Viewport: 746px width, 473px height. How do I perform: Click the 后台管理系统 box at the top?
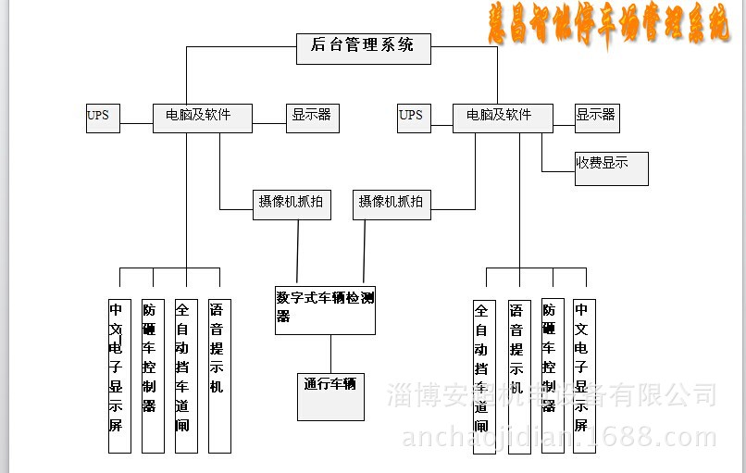click(x=364, y=48)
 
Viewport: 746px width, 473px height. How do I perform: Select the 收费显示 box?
click(x=611, y=168)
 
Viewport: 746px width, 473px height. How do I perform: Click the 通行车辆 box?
click(x=330, y=395)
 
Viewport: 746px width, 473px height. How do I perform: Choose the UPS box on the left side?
click(x=103, y=118)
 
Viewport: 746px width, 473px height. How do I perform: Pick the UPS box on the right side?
click(x=414, y=118)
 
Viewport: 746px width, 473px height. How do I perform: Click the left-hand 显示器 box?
click(x=312, y=118)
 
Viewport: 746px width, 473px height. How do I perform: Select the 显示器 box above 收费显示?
click(x=596, y=118)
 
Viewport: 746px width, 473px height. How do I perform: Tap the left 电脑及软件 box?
click(x=202, y=118)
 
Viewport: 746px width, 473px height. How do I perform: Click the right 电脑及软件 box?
click(x=503, y=118)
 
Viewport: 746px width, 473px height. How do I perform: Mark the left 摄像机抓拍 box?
click(x=292, y=204)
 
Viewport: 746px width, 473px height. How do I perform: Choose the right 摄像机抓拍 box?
click(x=392, y=204)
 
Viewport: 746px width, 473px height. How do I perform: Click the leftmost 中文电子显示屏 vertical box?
click(x=119, y=376)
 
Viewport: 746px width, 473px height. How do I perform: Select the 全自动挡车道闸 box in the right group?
click(x=483, y=376)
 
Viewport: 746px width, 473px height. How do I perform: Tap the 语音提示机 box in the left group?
click(x=219, y=376)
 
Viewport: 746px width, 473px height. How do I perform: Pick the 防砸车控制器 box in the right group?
click(x=551, y=376)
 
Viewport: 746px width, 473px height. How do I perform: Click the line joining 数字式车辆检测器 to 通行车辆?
click(x=330, y=353)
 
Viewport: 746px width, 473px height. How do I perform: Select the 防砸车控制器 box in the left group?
click(x=153, y=376)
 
